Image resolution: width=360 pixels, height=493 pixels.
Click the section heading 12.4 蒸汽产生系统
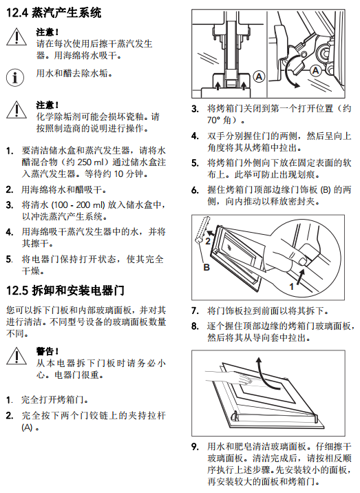54,12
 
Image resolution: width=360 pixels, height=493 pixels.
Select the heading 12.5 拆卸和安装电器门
65,290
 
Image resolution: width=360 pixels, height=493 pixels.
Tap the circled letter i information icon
15,77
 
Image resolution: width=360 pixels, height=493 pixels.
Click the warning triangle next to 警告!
17,356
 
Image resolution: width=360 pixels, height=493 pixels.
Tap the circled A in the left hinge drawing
259,76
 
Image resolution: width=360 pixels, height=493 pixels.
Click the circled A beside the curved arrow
315,70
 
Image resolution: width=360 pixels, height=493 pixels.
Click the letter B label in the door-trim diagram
207,267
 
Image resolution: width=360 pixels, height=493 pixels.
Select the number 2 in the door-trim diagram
208,241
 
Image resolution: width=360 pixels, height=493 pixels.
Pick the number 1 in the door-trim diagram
291,286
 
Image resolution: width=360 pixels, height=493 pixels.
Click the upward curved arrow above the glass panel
264,373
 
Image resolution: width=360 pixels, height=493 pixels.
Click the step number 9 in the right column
195,447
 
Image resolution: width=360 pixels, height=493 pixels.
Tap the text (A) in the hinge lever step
28,428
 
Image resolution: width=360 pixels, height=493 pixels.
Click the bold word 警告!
47,351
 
